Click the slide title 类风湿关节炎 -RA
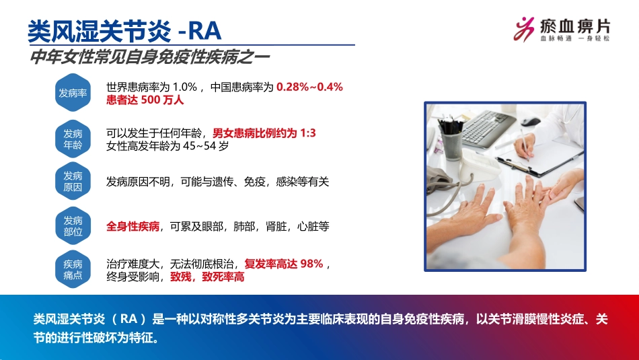124,30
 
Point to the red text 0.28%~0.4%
310,87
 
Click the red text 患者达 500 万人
145,100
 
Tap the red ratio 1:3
307,133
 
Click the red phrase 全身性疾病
133,227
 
